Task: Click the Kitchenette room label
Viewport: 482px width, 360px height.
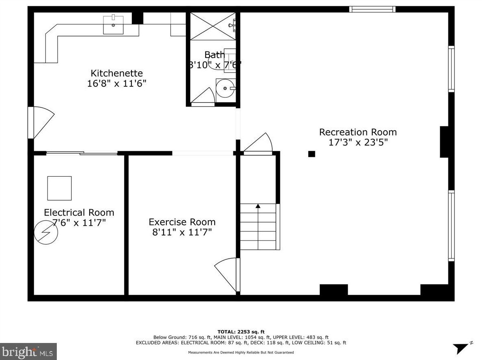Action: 116,73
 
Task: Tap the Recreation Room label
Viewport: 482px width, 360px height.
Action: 358,132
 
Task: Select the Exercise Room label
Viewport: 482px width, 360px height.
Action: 182,222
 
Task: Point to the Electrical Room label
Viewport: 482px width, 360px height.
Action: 79,212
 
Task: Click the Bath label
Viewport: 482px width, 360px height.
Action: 214,55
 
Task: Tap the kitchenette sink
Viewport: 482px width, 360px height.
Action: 113,25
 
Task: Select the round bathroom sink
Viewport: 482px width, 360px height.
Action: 224,88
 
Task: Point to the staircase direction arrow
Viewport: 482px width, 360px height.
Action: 258,206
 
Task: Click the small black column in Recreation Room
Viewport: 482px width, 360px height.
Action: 312,154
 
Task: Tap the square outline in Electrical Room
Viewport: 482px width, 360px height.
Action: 59,188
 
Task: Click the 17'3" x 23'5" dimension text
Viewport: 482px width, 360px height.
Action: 358,142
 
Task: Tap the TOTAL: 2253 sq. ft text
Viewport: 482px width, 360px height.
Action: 241,332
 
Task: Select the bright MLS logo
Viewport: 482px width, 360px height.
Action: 28,351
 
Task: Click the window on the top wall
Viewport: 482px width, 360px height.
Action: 372,9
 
